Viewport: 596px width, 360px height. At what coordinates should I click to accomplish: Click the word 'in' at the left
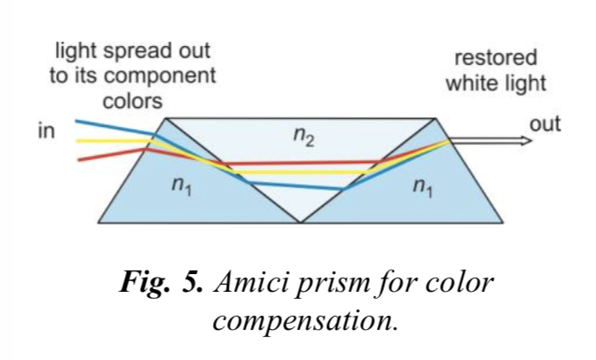(47, 132)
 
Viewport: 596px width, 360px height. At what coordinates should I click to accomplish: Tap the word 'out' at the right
(545, 124)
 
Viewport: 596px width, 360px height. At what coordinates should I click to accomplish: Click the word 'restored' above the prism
(496, 59)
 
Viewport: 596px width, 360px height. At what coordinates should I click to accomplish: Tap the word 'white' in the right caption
(471, 84)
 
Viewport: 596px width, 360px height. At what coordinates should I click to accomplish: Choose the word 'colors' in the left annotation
(133, 101)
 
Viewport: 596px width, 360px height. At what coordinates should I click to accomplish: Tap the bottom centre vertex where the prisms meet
(301, 221)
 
